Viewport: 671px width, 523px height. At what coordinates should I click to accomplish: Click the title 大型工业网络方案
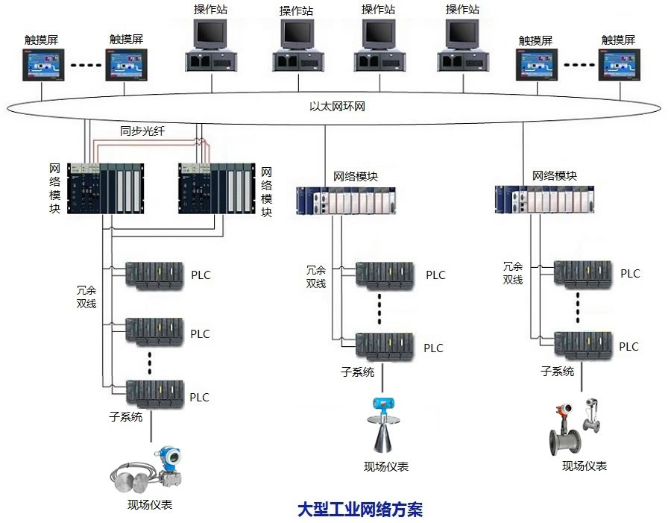pos(360,510)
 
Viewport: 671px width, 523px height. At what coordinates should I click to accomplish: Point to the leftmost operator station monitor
pos(210,34)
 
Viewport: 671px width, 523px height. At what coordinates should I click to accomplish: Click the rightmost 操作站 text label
pos(461,9)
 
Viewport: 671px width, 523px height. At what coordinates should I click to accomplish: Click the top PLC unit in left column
pos(154,274)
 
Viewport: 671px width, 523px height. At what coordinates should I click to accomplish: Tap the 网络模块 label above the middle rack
pos(356,177)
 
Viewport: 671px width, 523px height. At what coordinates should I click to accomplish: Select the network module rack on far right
pos(546,198)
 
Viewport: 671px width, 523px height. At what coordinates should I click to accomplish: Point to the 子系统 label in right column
pos(557,371)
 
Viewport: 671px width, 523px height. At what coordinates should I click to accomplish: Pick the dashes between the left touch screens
pos(86,66)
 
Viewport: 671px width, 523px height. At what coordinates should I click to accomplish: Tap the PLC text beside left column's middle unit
pos(200,333)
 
